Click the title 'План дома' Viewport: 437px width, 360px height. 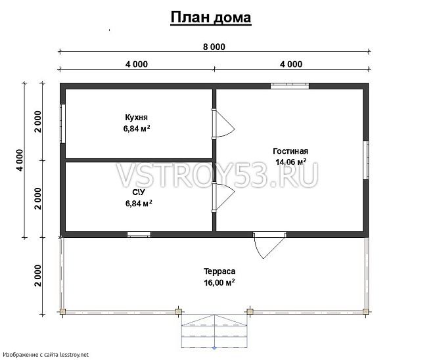[x=210, y=17]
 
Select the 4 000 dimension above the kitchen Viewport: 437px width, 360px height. [x=136, y=64]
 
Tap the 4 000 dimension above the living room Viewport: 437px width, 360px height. [x=291, y=64]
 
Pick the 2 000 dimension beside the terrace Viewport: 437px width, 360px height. [x=39, y=276]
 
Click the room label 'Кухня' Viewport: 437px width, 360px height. [x=136, y=118]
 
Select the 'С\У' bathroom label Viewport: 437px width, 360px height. [x=138, y=192]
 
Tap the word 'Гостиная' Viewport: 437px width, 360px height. [x=290, y=150]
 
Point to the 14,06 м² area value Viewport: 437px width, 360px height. [x=290, y=162]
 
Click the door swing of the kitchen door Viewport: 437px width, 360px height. [x=223, y=124]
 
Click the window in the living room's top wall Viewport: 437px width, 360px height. [x=290, y=85]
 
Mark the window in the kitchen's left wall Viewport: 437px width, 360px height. [x=62, y=123]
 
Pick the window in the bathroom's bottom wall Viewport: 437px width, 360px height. [x=138, y=235]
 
